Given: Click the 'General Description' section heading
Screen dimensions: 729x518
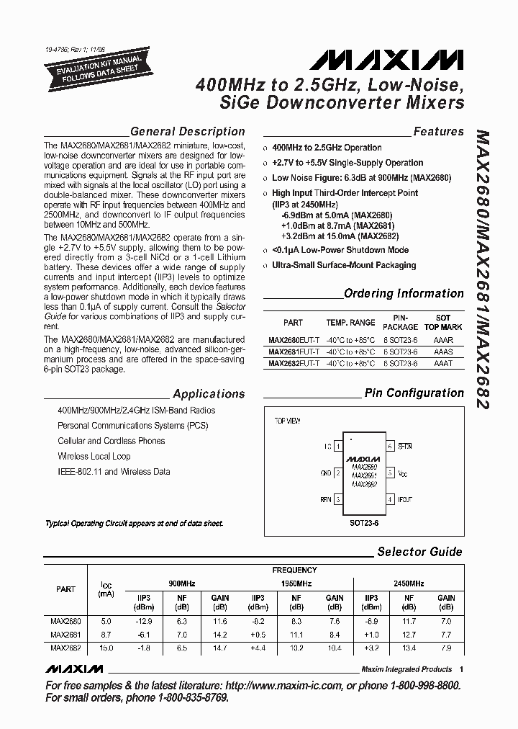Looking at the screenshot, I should click(187, 132).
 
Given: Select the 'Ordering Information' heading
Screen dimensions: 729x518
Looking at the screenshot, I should click(404, 294).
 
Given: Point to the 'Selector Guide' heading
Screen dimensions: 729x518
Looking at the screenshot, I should click(419, 552).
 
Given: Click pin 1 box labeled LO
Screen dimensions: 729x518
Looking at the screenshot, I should click(338, 447).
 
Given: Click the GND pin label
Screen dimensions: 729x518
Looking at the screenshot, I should click(326, 473).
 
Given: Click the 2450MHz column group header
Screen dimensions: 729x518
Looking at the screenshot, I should click(409, 583).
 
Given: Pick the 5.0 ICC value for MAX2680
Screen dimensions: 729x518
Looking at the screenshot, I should click(106, 620).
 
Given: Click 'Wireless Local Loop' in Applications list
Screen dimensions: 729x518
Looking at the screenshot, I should click(94, 456).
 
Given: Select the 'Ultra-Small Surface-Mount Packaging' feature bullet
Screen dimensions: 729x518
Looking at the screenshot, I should click(344, 265).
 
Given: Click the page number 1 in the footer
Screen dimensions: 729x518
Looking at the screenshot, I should click(461, 668).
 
